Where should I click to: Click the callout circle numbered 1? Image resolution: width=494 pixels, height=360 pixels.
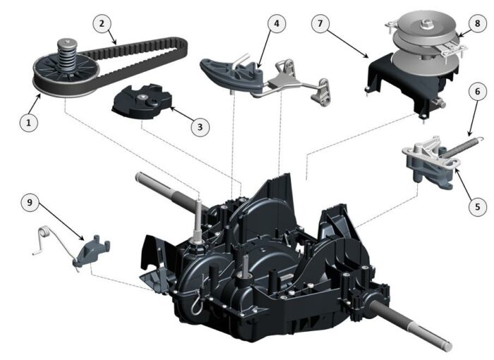coord(29,122)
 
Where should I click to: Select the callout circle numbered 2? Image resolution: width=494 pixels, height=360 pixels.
coord(102,23)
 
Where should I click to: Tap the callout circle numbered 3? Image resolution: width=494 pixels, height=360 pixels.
coord(200,127)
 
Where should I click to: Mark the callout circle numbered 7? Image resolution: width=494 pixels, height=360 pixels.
coord(321,23)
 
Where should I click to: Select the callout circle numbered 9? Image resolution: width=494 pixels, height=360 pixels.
coord(30,203)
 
